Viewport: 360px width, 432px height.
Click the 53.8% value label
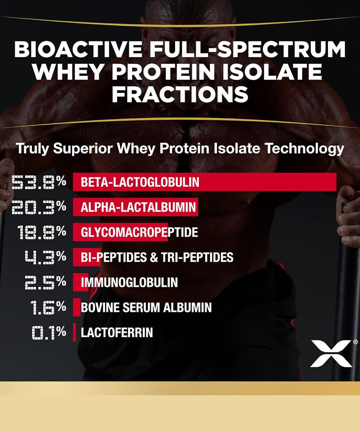39,182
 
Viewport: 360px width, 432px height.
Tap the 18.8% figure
42,232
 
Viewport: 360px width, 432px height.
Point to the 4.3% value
45,257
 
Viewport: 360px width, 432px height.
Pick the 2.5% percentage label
45,282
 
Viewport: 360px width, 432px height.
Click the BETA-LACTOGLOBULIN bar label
140,182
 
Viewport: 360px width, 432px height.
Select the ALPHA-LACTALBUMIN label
138,207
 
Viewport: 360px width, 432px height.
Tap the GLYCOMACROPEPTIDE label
139,232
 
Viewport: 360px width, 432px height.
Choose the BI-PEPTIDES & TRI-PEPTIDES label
157,257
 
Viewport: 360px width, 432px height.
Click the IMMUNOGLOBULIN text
129,282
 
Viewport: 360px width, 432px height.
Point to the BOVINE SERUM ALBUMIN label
146,307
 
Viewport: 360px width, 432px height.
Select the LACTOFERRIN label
117,332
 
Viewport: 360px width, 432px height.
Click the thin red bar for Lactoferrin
75,332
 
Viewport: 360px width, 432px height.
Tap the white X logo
330,353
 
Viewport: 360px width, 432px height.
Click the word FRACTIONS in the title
180,94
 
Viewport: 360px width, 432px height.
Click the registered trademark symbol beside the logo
355,342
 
